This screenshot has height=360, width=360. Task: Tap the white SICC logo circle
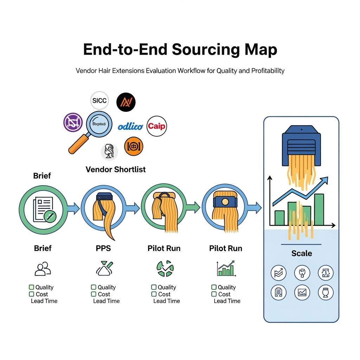(99, 101)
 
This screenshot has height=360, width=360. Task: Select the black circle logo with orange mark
(126, 102)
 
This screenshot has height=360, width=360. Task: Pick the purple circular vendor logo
(73, 122)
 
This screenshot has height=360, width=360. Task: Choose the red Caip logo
(156, 126)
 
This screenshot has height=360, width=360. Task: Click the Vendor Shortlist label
(116, 169)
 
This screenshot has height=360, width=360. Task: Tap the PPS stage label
(103, 248)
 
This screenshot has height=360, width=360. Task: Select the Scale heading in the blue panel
(302, 253)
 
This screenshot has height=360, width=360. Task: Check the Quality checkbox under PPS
(94, 287)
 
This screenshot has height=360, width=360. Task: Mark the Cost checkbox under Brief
(31, 294)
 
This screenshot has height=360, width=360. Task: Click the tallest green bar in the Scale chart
(319, 210)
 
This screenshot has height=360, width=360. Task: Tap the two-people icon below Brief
(43, 269)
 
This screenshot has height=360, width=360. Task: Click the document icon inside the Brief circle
(43, 209)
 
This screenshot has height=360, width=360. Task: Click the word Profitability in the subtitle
(268, 71)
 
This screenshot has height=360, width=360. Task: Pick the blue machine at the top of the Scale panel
(302, 144)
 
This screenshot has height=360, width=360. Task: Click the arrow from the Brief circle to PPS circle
(73, 209)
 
